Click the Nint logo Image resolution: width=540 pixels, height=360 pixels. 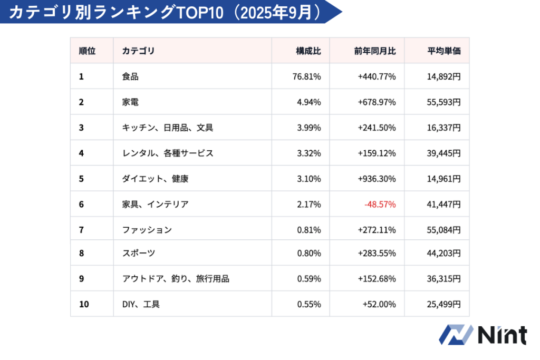483,335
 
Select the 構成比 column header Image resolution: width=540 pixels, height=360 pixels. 308,51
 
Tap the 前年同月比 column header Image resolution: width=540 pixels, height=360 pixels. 375,51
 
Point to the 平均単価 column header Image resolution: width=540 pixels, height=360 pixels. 444,51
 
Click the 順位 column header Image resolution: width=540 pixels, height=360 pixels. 87,51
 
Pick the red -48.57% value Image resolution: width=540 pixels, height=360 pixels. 380,204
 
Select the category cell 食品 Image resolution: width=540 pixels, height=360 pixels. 130,76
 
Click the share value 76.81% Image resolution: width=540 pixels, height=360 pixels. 306,76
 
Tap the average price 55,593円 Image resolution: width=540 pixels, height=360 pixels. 444,102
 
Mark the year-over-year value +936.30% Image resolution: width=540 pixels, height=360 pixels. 377,179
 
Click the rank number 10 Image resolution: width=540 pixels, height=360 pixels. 84,304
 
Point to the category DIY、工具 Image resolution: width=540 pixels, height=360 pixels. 141,304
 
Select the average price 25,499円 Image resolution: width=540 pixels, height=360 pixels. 444,304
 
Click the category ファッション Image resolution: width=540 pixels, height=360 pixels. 147,230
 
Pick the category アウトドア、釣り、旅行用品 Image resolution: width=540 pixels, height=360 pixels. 176,279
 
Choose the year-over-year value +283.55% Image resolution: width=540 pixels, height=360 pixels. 377,253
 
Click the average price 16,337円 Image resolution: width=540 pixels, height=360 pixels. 444,128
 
